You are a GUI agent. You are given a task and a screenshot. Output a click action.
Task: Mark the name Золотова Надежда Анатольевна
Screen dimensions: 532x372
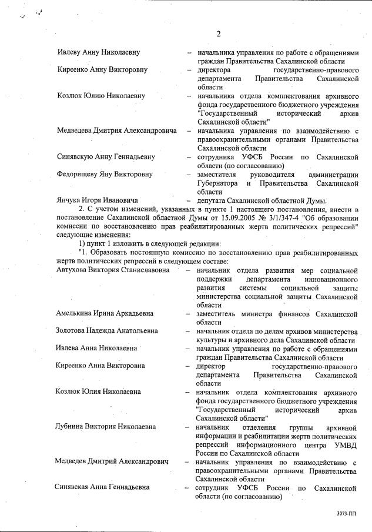click(x=107, y=331)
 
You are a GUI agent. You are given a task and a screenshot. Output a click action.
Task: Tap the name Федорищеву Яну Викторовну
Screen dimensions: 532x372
click(x=105, y=175)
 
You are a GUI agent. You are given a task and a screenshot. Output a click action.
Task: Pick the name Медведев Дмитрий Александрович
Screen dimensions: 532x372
click(x=112, y=461)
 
